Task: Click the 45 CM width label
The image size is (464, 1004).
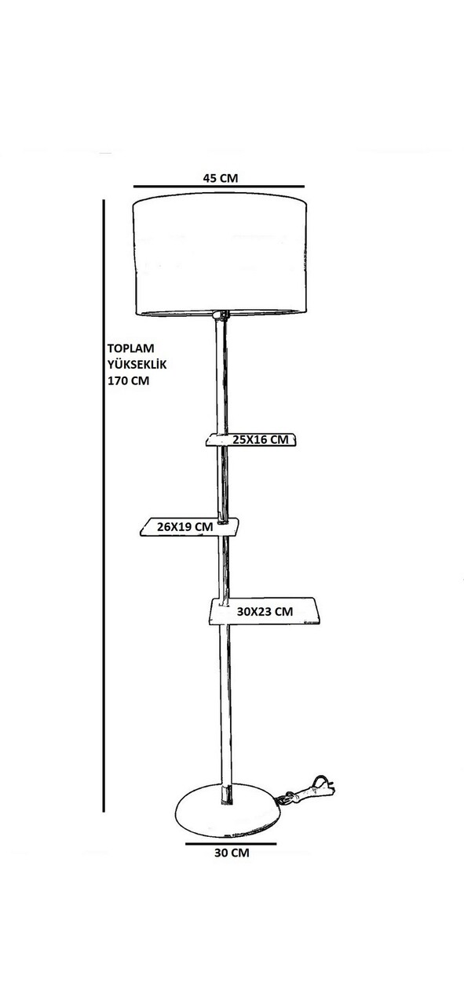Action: [x=221, y=178]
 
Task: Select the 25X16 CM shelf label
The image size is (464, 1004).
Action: [x=261, y=440]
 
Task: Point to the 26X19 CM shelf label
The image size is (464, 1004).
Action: [x=185, y=526]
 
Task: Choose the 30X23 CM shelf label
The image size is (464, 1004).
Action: [x=265, y=611]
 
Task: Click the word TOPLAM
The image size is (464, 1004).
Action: [x=130, y=348]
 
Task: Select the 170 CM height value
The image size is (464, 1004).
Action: [x=128, y=381]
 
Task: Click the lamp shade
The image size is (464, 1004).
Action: [x=220, y=255]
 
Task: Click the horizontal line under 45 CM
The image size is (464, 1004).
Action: [x=219, y=186]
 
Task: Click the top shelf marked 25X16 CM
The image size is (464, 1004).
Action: [x=251, y=440]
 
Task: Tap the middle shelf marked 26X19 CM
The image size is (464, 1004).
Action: [x=189, y=527]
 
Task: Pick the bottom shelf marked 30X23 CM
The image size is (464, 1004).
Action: [x=265, y=611]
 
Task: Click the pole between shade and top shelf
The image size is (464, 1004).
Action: [x=221, y=376]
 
